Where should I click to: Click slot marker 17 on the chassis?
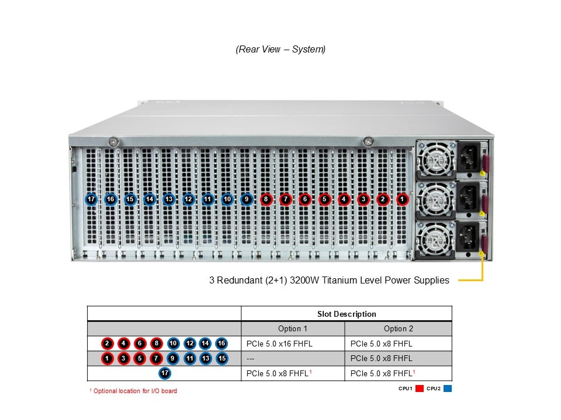[91, 199]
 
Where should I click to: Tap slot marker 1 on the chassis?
[402, 199]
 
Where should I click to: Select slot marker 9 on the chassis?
[247, 199]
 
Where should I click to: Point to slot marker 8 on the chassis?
[266, 199]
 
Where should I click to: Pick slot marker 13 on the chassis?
[169, 199]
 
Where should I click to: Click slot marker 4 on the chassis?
[344, 199]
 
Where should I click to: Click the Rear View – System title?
[280, 50]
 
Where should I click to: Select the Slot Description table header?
[347, 314]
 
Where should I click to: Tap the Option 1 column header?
[293, 328]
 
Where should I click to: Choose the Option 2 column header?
[398, 328]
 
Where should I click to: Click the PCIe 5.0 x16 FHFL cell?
[279, 344]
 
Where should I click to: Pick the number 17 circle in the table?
[165, 373]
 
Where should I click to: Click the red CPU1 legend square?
[420, 388]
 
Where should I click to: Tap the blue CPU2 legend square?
[448, 388]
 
